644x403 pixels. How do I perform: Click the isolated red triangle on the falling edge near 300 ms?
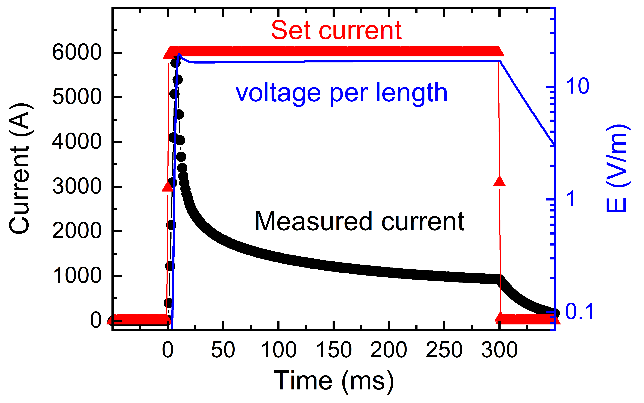coord(499,181)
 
